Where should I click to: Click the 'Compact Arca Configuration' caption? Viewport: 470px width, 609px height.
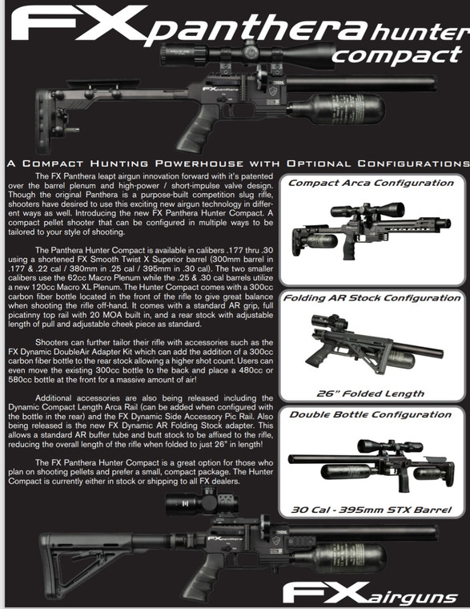click(x=371, y=183)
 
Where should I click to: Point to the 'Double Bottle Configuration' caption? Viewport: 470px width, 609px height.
click(x=371, y=414)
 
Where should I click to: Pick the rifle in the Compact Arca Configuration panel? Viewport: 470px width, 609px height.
click(x=368, y=228)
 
